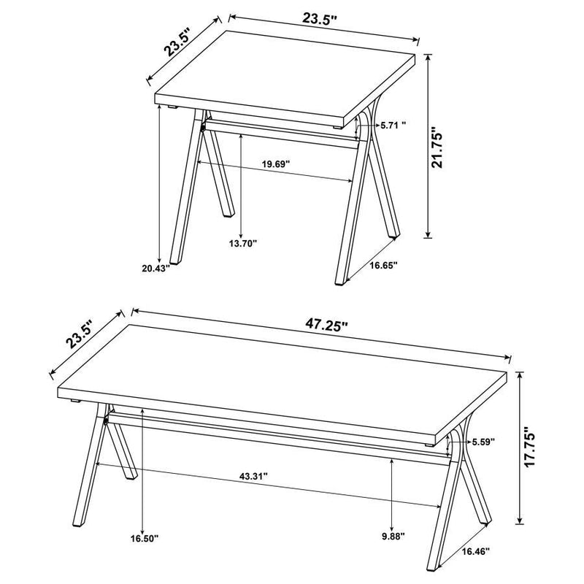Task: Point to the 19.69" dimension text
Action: [277, 164]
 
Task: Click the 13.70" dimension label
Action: [244, 244]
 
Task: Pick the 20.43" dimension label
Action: [156, 269]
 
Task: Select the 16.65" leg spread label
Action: [383, 266]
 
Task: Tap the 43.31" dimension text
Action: [254, 476]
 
